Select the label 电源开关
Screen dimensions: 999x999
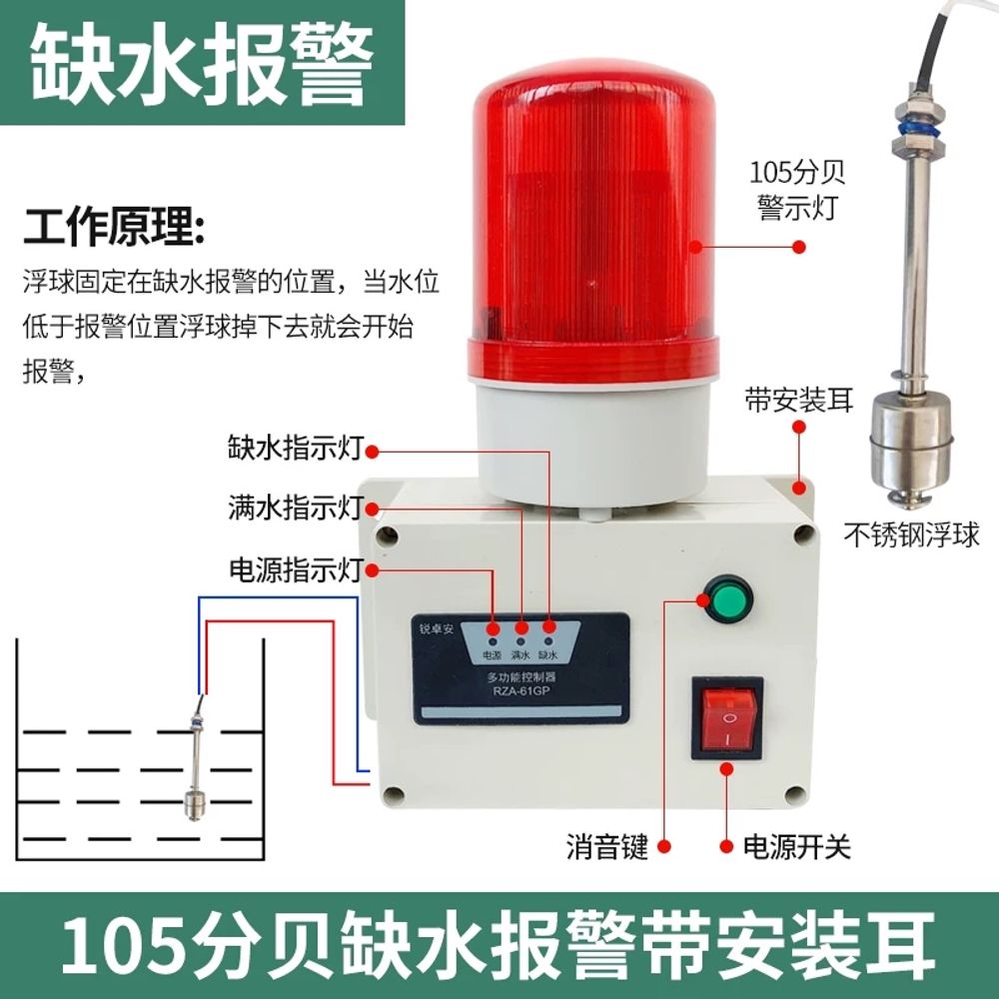click(x=796, y=848)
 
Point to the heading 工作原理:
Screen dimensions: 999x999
click(x=116, y=229)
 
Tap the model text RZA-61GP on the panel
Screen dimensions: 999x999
click(x=519, y=689)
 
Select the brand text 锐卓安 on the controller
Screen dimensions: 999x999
click(x=437, y=630)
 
